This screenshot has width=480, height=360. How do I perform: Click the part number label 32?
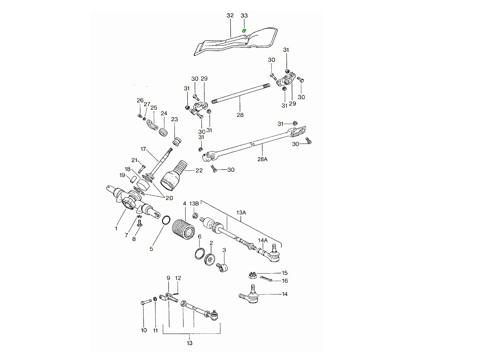[230, 15]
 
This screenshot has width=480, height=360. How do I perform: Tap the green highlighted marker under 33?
[244, 30]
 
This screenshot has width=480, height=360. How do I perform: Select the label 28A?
[262, 159]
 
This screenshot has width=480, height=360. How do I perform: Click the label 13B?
[194, 204]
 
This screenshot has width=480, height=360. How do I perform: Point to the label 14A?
[262, 240]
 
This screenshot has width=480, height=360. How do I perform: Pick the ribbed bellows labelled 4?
[183, 230]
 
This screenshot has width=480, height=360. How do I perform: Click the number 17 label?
[144, 149]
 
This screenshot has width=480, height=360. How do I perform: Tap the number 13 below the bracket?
[190, 343]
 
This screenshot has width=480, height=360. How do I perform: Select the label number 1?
[116, 228]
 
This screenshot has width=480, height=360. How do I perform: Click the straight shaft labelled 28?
[240, 98]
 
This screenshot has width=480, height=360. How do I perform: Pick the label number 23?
[174, 119]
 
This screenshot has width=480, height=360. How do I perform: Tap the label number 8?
[134, 239]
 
